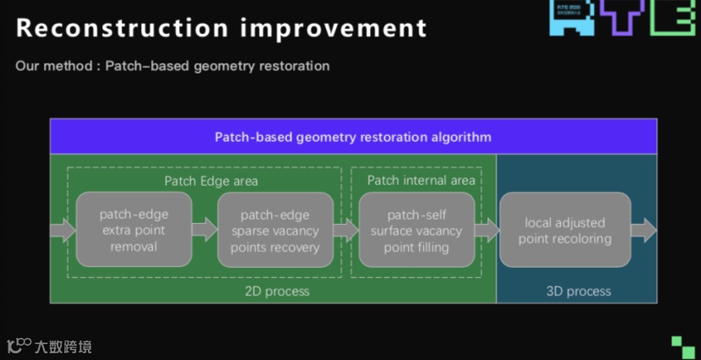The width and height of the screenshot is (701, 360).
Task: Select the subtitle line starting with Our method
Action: click(172, 66)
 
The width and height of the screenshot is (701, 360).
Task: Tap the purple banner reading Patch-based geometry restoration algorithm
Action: click(353, 137)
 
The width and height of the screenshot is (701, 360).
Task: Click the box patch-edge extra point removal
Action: click(133, 230)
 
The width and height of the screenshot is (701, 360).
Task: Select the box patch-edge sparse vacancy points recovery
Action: click(275, 230)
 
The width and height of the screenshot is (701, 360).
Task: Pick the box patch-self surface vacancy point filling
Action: click(416, 230)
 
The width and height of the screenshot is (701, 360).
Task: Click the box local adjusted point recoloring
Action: click(564, 230)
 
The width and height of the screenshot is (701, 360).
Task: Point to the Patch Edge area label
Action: click(211, 181)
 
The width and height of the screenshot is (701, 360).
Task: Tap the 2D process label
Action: click(277, 292)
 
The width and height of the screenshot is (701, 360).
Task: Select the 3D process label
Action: click(579, 292)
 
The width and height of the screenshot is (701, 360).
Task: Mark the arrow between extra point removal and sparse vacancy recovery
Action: click(204, 230)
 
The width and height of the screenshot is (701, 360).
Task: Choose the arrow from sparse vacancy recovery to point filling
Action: click(345, 230)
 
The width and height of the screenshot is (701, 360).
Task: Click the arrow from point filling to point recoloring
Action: click(486, 230)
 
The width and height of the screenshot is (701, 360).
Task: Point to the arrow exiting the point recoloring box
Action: click(644, 230)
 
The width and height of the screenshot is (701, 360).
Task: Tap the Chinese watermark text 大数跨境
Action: click(62, 346)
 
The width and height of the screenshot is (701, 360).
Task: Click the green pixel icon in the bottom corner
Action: click(682, 346)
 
